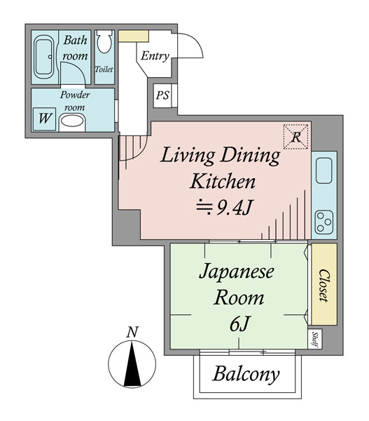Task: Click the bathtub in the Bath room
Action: click(44, 57)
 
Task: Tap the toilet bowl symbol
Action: click(104, 41)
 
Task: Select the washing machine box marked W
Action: click(44, 119)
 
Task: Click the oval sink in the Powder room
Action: click(72, 121)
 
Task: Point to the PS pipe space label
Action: click(162, 95)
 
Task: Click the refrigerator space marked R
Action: click(295, 137)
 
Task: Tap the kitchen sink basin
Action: click(324, 171)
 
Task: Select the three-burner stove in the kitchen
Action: click(324, 222)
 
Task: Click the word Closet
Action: click(323, 286)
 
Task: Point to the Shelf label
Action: click(314, 340)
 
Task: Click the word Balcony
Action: click(246, 375)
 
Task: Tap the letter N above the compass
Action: click(132, 332)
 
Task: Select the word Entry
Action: click(155, 56)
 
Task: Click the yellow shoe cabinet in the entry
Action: click(134, 36)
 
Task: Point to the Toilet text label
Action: click(104, 69)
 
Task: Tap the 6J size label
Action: click(239, 324)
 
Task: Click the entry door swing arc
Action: click(195, 40)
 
